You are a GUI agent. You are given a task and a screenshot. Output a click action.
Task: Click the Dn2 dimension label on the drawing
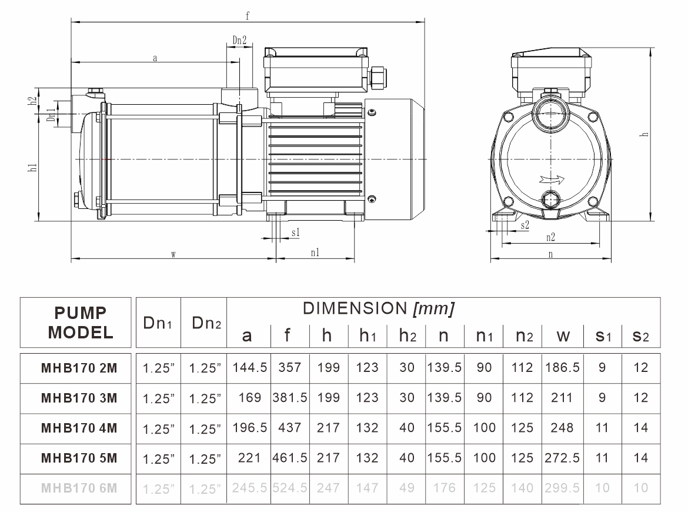coord(239,41)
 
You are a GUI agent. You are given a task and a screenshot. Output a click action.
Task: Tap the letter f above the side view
coord(248,16)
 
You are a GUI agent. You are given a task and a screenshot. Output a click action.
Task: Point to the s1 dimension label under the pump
coord(296,233)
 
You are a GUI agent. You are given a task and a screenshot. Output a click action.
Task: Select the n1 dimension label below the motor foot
coord(315,252)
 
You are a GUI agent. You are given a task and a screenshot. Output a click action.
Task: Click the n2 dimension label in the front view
coord(550,238)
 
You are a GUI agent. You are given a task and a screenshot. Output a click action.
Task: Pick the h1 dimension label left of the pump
coord(34,168)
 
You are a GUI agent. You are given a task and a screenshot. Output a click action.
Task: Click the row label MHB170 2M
coord(79,368)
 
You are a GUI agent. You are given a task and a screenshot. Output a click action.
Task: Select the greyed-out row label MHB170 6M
coord(79,487)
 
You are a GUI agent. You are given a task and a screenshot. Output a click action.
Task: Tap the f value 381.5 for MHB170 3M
coord(289,398)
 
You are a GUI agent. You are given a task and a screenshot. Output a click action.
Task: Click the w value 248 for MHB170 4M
coord(562,428)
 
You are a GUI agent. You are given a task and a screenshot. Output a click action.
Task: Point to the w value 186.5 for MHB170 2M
coord(562,368)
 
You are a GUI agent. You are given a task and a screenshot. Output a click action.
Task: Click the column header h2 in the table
coord(406,335)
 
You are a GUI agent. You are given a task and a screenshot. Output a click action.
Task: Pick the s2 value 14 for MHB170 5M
coord(641,458)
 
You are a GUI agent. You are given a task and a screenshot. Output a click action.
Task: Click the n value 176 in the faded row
coord(445,488)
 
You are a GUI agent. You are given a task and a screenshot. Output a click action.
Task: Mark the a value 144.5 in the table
coord(249,368)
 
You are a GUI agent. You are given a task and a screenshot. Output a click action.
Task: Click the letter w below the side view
coord(173,254)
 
